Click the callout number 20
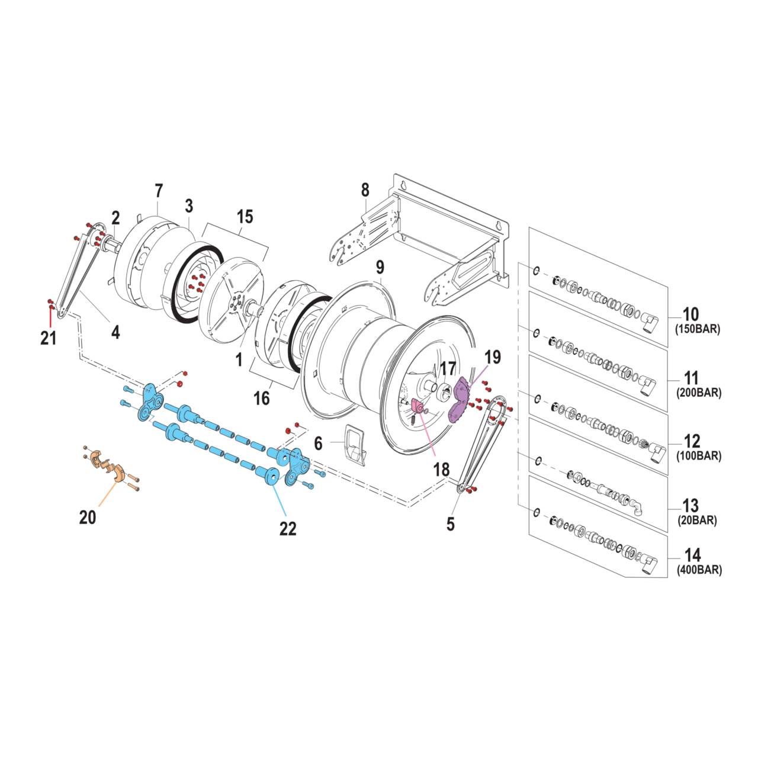click(88, 517)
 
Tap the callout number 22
click(288, 528)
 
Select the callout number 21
click(49, 338)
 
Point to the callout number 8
click(365, 190)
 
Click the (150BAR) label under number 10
click(698, 329)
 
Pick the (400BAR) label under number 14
click(699, 570)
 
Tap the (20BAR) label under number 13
click(698, 521)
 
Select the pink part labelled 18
click(418, 407)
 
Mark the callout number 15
click(245, 217)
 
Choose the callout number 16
click(262, 399)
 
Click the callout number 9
click(380, 267)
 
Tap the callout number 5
click(451, 524)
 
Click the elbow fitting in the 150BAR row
click(649, 323)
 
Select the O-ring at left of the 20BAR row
click(538, 461)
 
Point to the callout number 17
click(448, 368)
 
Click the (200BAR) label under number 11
click(699, 393)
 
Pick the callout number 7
click(159, 191)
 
